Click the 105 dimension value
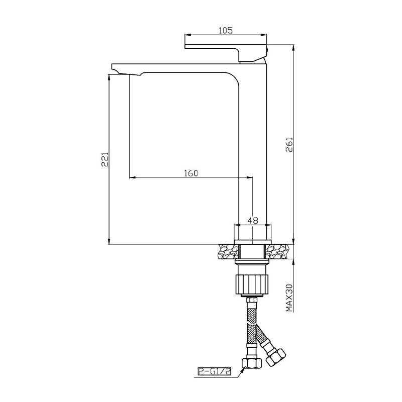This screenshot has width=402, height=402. pos(226,30)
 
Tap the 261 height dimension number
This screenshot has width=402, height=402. pos(289,145)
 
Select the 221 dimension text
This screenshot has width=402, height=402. pos(105,159)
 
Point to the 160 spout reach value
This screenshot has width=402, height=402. pos(191,173)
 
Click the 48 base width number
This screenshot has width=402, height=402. pos(253,220)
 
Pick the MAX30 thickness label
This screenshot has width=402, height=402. pos(289,297)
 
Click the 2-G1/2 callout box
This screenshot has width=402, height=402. pos(215,371)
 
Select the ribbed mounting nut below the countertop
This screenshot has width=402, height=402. pos(252,284)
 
